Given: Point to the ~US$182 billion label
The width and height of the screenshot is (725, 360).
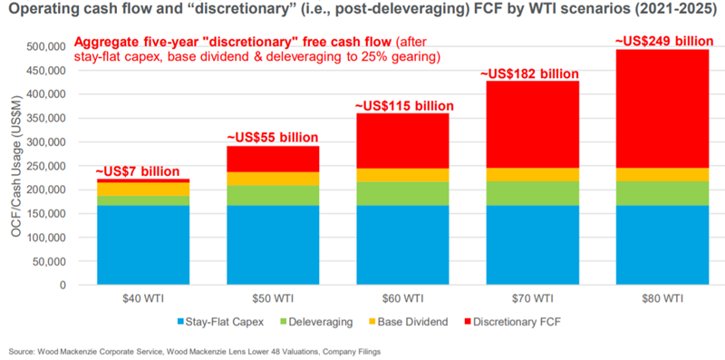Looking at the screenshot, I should click(x=527, y=73).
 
